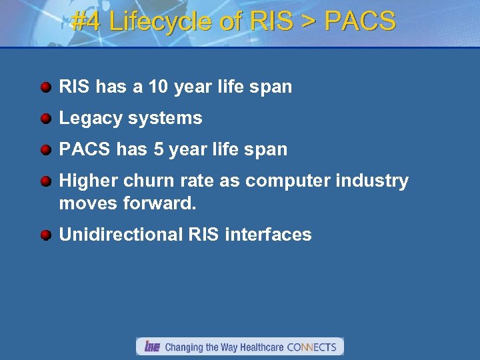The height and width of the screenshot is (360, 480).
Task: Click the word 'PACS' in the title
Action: (359, 22)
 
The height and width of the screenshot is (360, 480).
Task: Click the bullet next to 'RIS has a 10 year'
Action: (45, 87)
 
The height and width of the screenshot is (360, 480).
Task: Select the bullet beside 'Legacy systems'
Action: (45, 119)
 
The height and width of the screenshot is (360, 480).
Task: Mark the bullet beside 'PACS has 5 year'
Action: (45, 150)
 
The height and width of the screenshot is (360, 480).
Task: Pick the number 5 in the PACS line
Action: (158, 149)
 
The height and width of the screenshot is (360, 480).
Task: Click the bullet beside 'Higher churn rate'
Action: (45, 181)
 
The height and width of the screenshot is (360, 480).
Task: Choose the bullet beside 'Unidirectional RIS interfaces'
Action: (45, 235)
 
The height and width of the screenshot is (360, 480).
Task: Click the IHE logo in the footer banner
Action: (152, 347)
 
